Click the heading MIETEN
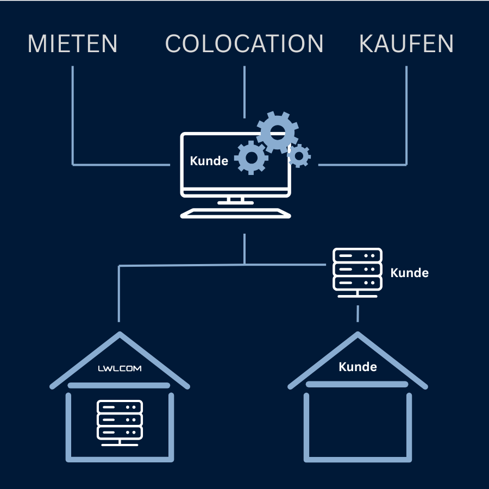[x=72, y=44]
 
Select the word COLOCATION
[x=244, y=44]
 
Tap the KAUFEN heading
[x=406, y=44]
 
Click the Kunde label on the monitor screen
[x=209, y=161]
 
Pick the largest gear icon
[x=278, y=132]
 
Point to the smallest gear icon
[x=299, y=156]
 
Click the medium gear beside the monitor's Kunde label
[x=251, y=158]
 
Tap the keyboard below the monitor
[x=235, y=213]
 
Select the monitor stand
[x=235, y=200]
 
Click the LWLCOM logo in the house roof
[x=120, y=368]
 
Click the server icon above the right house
[x=357, y=272]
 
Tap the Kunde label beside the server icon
[x=410, y=273]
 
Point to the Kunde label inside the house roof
[x=358, y=367]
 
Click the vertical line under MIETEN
[x=72, y=114]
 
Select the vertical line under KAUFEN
[x=406, y=114]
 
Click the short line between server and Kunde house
[x=358, y=314]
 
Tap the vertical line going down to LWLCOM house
[x=119, y=293]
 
